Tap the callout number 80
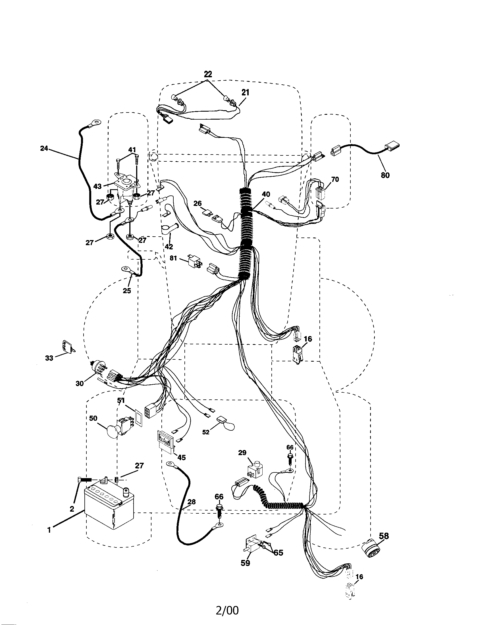pos(385,175)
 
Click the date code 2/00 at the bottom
pos(227,611)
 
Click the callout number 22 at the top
pos(208,74)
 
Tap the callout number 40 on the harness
pos(266,194)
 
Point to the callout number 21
pos(245,92)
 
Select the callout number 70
pos(335,180)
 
